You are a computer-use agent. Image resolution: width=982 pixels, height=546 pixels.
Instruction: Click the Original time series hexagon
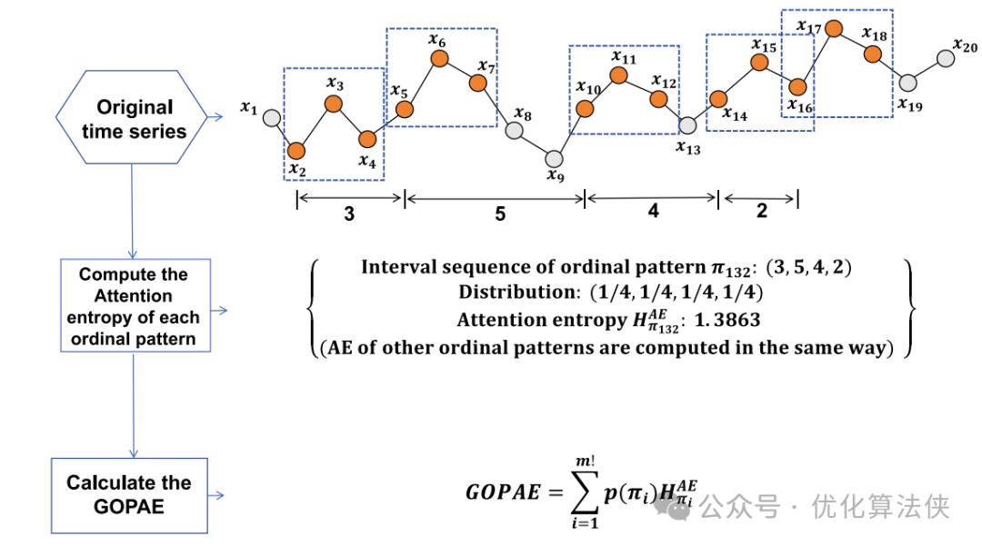(x=134, y=119)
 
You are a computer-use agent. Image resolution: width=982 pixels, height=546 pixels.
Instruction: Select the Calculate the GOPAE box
(x=128, y=494)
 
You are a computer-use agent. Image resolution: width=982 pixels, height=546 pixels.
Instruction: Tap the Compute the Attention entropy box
(x=134, y=306)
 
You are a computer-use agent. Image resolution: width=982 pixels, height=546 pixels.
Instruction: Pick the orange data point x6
(x=438, y=58)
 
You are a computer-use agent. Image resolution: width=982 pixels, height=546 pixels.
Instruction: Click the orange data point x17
(x=832, y=27)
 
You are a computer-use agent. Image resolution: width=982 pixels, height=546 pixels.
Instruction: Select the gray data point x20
(x=946, y=59)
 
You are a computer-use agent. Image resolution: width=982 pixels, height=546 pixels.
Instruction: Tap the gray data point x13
(x=687, y=125)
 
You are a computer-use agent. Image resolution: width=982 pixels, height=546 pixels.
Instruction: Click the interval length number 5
(x=500, y=213)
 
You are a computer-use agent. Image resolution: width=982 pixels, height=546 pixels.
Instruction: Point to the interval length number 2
(x=761, y=212)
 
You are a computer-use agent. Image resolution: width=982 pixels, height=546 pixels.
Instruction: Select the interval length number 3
(x=349, y=213)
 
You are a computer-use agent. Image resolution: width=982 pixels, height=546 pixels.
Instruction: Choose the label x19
(x=909, y=105)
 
